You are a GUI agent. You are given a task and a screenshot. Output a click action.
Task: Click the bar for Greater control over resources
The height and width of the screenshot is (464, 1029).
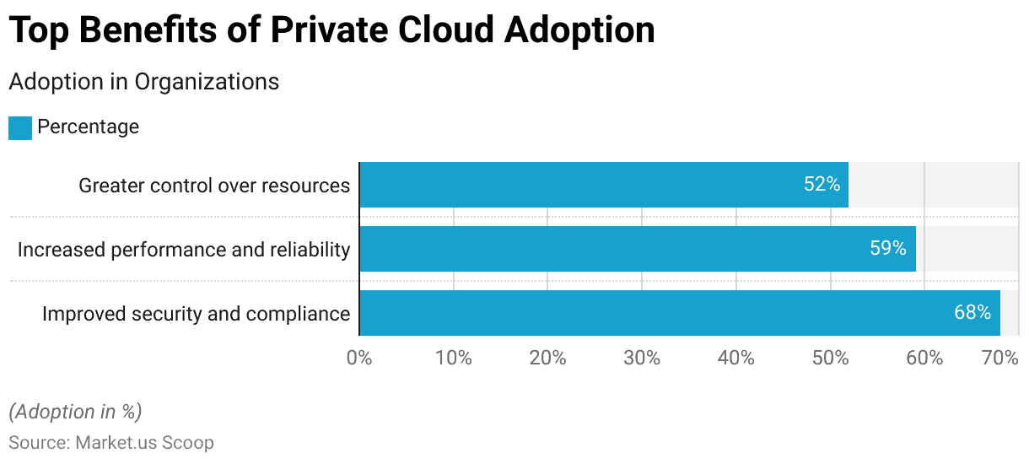[x=603, y=185]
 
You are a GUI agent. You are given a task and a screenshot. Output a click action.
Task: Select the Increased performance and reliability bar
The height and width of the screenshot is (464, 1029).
[x=637, y=249]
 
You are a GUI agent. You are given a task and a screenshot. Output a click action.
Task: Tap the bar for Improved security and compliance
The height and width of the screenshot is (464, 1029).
[x=679, y=313]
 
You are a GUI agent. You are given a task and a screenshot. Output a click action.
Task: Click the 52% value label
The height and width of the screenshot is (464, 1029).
[x=822, y=185]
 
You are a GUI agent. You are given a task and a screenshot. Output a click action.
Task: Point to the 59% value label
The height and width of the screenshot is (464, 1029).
[x=888, y=249]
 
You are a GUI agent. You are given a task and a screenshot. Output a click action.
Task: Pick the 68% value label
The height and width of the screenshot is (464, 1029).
[x=972, y=313]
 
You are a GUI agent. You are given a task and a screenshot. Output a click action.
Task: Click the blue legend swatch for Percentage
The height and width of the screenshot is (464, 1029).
[x=20, y=127]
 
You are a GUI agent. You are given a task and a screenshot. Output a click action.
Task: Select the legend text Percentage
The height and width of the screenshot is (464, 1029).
[x=88, y=127]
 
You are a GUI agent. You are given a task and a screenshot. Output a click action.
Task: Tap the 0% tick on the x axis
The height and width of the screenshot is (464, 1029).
[x=359, y=358]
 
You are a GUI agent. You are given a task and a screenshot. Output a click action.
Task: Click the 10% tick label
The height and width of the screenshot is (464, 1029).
[x=454, y=358]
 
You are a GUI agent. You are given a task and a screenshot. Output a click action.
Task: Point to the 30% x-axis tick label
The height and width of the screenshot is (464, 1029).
[x=642, y=358]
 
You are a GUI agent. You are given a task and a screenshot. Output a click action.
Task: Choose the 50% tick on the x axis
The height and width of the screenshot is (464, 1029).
[x=830, y=358]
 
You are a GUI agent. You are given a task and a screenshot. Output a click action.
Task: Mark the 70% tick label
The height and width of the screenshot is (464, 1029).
[x=1000, y=358]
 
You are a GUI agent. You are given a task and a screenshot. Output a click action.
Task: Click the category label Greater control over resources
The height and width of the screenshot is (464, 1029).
[x=214, y=186]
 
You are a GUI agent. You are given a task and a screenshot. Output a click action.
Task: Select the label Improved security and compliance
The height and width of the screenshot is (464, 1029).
[x=196, y=314]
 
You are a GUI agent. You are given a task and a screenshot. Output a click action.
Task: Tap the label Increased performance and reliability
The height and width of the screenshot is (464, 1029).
[x=184, y=250]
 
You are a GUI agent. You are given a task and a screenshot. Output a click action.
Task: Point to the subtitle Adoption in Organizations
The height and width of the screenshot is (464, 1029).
[x=143, y=82]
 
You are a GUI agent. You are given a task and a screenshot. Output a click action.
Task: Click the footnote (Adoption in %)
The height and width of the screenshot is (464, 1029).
[x=75, y=412]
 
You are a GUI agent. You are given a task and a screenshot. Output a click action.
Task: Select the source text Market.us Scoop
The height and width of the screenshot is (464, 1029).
[x=144, y=442]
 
